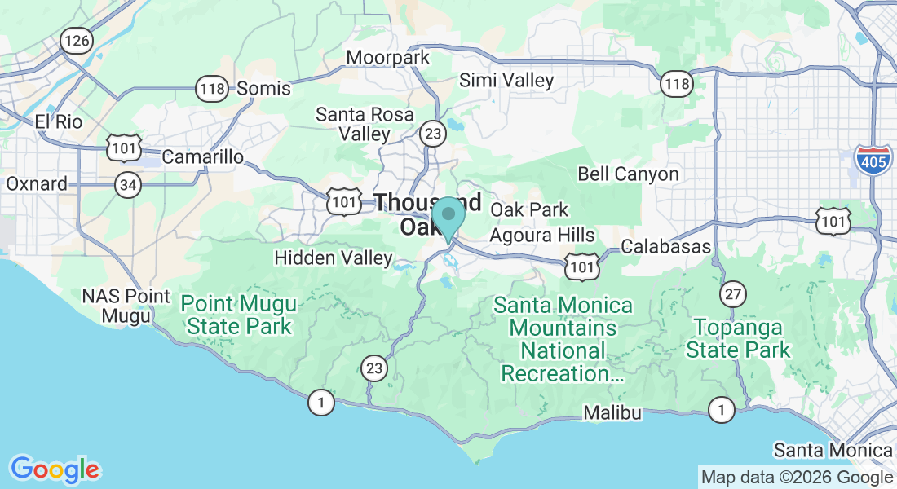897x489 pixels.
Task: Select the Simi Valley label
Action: tap(506, 80)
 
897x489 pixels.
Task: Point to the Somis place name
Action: tap(263, 88)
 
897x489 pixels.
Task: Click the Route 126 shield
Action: tap(77, 41)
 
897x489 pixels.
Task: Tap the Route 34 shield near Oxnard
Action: tap(127, 186)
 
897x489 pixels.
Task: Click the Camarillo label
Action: tap(203, 156)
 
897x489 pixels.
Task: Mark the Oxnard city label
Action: tap(37, 183)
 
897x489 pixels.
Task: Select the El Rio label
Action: tap(59, 121)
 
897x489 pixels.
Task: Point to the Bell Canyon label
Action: tap(628, 174)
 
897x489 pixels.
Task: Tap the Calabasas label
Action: tap(665, 246)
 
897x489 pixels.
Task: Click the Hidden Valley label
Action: tap(334, 258)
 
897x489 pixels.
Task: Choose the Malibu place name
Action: tap(612, 413)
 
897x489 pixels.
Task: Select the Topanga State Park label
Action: tap(738, 338)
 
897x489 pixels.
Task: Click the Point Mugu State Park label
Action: tap(239, 315)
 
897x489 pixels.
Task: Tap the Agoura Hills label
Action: tap(542, 235)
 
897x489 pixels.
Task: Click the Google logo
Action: tap(55, 469)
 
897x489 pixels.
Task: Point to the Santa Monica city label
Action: tap(833, 450)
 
